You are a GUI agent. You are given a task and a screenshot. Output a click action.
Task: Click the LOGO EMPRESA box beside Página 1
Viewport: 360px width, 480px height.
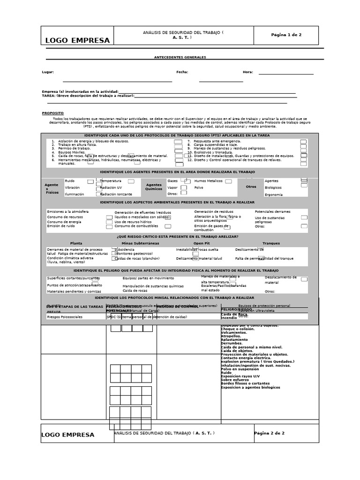77,40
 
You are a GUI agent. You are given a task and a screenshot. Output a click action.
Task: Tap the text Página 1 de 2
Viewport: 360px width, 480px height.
286,35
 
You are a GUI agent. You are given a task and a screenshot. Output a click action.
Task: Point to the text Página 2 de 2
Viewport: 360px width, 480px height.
269,433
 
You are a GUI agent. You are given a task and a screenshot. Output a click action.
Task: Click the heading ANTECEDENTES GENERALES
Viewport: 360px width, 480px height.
180,58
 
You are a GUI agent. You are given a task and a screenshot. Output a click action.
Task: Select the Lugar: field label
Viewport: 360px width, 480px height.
48,72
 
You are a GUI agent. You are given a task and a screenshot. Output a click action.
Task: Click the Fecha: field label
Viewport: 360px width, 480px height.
182,72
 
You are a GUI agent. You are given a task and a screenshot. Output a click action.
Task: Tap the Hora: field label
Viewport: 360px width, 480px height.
248,72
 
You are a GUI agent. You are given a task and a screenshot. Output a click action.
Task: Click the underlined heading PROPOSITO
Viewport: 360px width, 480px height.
52,113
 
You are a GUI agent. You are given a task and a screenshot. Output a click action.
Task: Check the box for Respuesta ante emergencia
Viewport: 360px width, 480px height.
303,142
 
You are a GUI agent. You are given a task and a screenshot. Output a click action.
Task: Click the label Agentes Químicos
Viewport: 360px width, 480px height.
153,187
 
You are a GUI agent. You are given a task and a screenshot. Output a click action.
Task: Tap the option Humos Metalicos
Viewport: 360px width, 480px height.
208,180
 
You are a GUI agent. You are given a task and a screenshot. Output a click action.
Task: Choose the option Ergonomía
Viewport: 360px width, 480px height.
274,195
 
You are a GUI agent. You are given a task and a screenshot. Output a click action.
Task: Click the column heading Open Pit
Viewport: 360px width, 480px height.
202,243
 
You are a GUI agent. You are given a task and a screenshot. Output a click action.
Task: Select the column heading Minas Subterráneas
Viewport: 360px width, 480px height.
140,243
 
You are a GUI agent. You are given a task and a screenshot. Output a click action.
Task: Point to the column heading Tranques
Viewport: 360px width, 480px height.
271,243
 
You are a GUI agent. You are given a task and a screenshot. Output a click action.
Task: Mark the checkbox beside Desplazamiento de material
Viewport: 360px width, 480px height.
304,279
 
